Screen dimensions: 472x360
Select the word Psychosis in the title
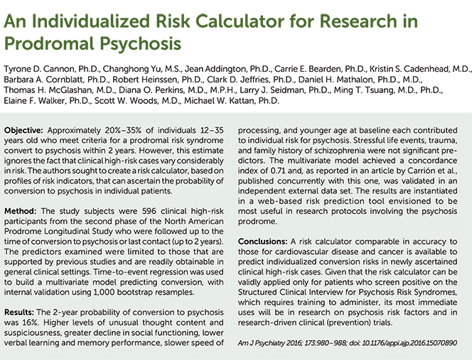click(140, 44)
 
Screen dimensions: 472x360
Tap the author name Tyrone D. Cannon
click(39, 69)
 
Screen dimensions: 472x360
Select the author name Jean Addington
click(216, 69)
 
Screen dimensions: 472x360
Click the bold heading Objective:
click(23, 131)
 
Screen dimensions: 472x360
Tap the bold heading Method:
click(20, 211)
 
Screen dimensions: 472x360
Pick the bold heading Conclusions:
click(262, 242)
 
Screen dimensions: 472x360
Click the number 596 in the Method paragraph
click(149, 211)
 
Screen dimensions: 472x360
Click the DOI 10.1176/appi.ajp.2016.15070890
click(409, 343)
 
